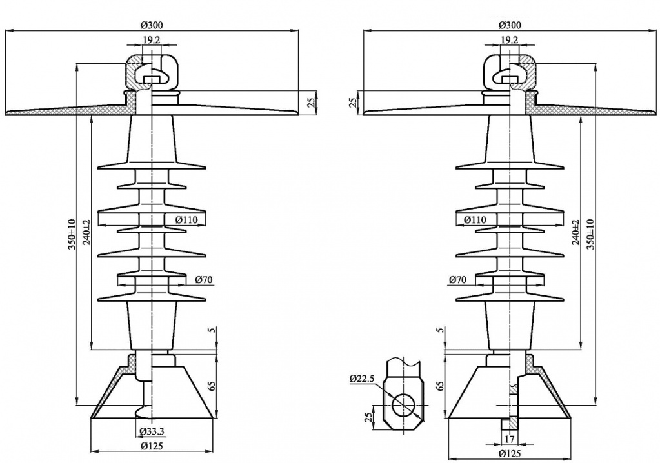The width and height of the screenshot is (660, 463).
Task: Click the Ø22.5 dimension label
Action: coord(362,379)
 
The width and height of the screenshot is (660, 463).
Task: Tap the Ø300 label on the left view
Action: coord(152,25)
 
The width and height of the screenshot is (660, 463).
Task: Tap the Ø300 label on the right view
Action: coord(510,25)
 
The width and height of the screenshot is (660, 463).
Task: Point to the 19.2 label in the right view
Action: coord(510,40)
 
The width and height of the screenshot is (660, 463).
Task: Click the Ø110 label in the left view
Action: coord(186,220)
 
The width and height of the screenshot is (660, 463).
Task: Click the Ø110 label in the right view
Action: coord(474,220)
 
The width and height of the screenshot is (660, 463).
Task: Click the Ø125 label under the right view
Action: coord(510,453)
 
